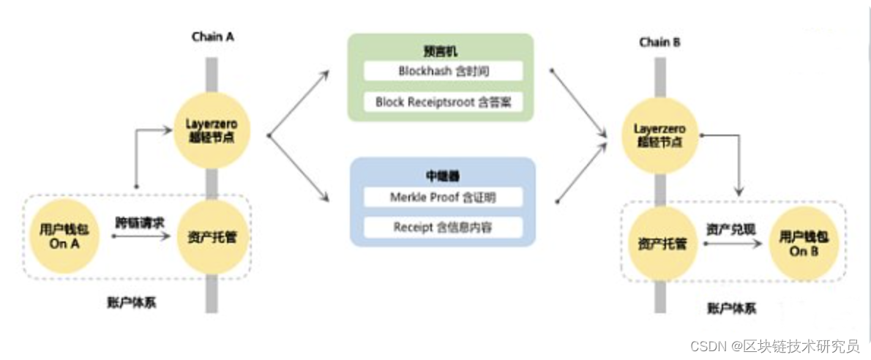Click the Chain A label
coord(212,36)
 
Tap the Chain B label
coord(659,42)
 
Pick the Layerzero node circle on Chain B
coord(659,135)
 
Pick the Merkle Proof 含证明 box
coord(444,197)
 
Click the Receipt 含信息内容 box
coord(444,227)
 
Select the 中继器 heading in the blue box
coord(441,176)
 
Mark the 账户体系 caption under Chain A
coord(132,302)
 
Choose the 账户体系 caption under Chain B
coord(732,308)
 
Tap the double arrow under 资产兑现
coord(732,244)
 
